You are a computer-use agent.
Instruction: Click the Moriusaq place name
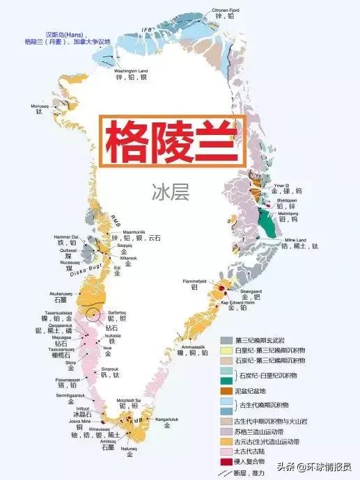(x=40, y=106)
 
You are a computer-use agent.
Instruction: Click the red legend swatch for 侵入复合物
(x=226, y=461)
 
